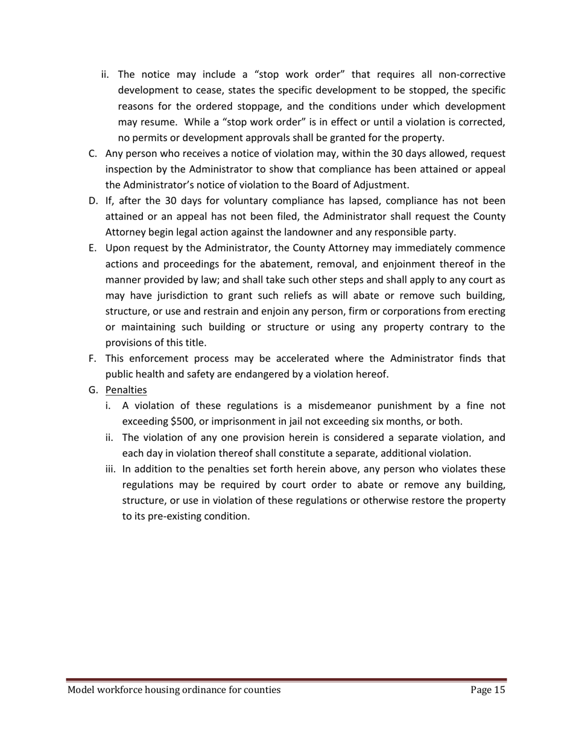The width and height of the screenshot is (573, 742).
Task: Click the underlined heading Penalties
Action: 126,390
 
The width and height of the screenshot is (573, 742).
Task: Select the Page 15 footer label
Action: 487,690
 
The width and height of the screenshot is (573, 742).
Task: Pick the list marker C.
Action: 93,153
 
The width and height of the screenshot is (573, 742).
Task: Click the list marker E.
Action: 92,248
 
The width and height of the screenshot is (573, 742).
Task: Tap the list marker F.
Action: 92,358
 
